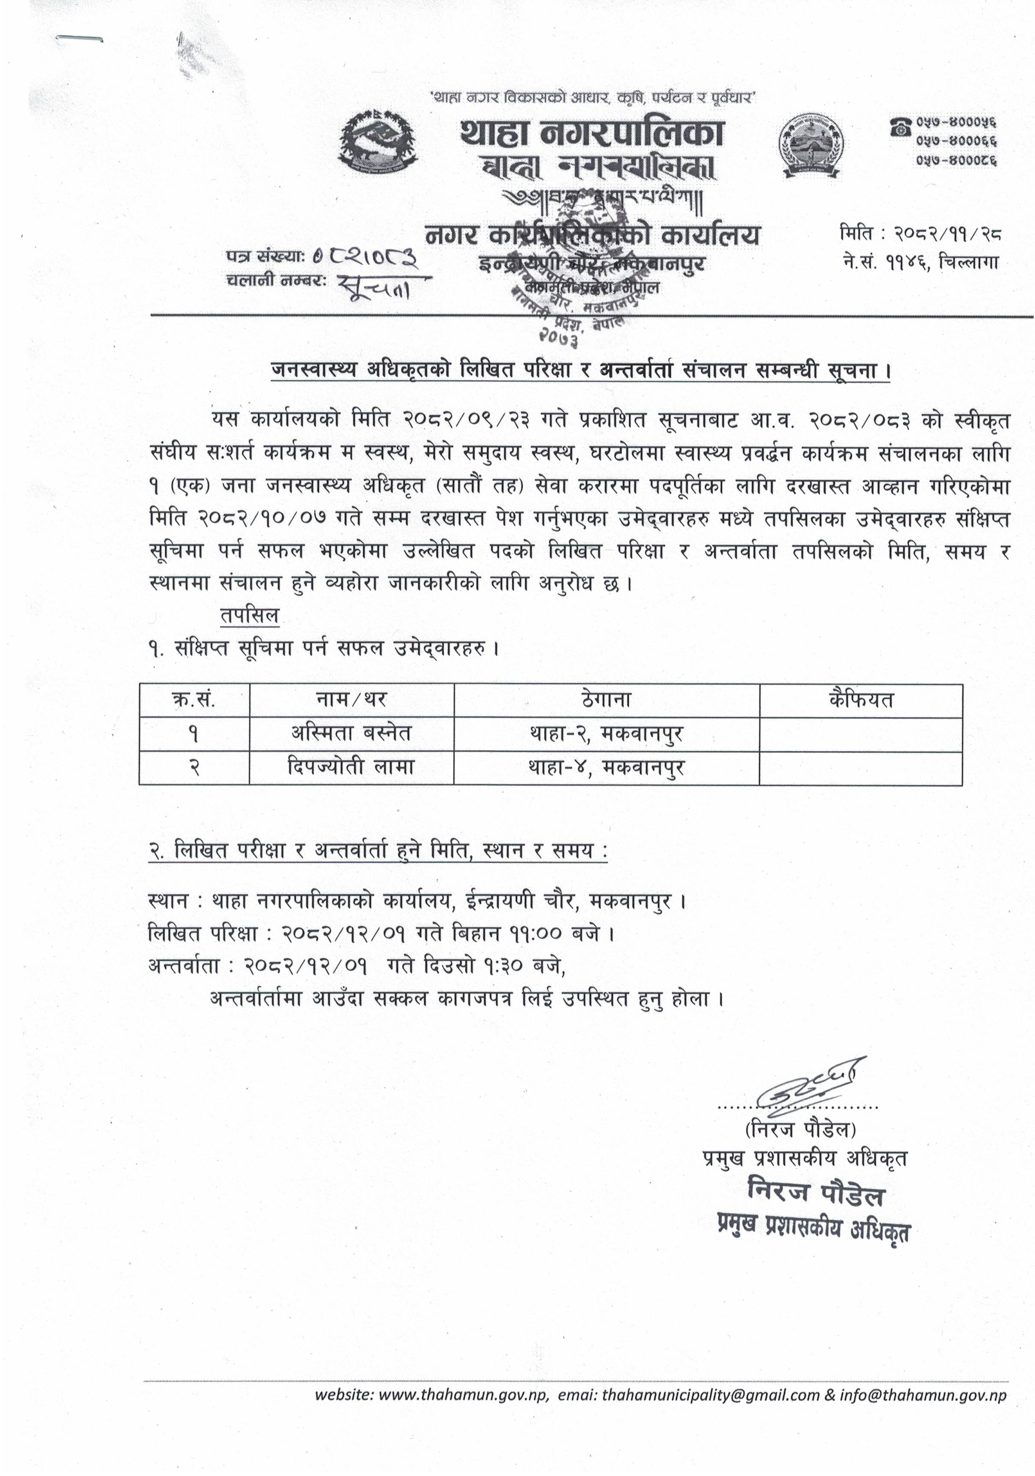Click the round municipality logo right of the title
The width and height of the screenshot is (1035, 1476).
[810, 145]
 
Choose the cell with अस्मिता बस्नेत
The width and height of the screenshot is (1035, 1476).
[351, 733]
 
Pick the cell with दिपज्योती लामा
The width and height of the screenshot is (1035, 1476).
[351, 767]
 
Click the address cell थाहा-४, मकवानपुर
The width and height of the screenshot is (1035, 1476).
[606, 767]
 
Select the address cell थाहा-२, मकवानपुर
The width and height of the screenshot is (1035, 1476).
[606, 733]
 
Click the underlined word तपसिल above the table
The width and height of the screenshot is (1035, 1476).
[249, 615]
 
